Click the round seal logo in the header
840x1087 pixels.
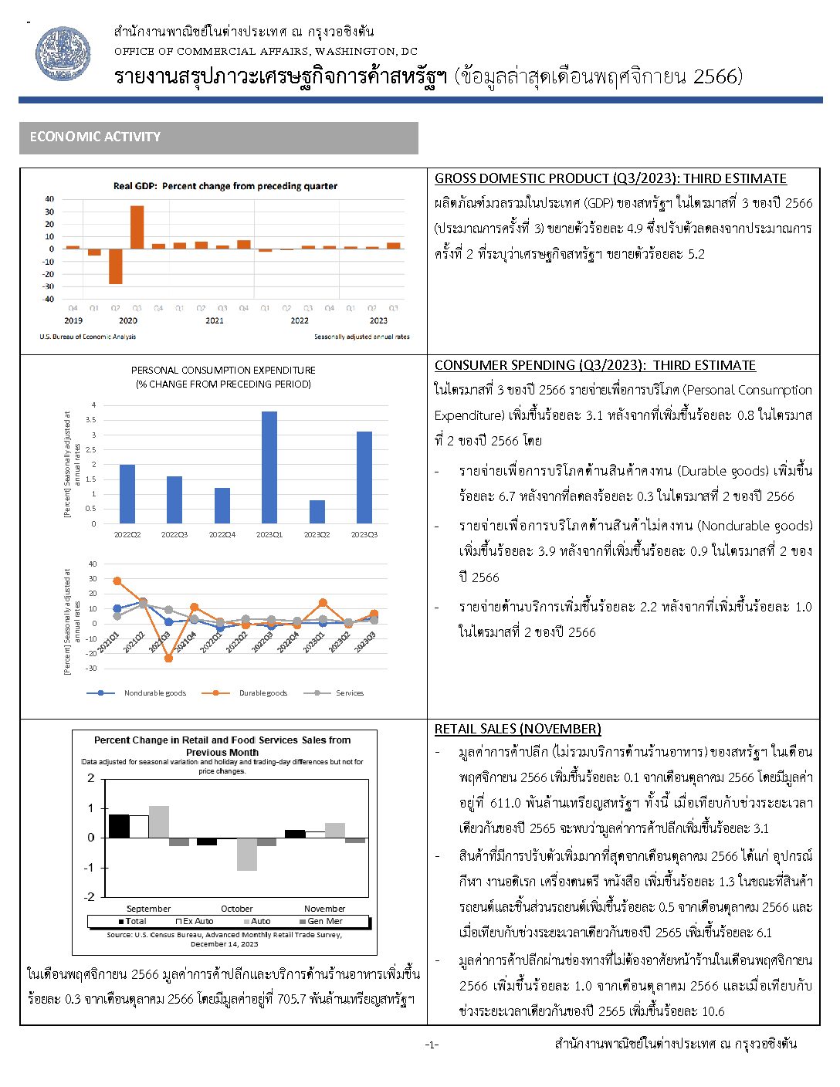63,53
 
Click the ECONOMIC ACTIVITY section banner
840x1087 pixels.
218,137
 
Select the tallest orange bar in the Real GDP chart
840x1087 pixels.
137,227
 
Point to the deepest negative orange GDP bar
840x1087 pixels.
116,266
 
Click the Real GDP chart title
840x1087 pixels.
225,186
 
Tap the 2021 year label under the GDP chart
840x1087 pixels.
215,320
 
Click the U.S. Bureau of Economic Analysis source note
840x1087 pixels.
87,337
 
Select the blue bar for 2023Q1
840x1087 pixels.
269,467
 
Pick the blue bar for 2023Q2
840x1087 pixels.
317,512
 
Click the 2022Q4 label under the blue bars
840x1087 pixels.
222,534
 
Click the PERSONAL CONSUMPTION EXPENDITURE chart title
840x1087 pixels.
223,371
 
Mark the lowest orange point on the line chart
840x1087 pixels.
168,659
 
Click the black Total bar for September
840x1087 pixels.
119,826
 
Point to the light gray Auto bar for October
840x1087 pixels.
247,854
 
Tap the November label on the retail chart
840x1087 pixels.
324,909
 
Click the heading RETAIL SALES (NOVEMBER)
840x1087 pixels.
517,729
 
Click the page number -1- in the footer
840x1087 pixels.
431,1045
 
